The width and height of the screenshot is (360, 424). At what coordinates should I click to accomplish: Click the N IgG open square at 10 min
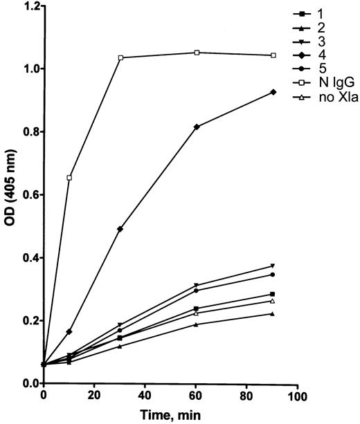point(69,178)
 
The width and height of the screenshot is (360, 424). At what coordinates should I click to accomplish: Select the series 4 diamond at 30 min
point(120,229)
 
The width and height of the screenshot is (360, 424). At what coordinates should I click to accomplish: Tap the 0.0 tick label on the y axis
point(28,383)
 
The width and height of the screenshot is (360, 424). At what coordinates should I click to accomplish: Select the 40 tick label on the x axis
point(145,396)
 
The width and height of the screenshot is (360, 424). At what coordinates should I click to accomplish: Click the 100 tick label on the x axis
point(297,396)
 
